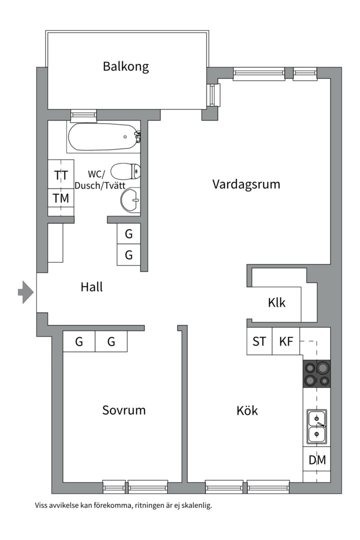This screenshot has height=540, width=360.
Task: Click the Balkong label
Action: (x=126, y=66)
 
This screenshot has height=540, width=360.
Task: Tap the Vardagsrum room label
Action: (x=246, y=184)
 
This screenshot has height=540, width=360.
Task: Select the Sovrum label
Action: (x=124, y=410)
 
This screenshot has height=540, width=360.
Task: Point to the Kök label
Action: (x=247, y=411)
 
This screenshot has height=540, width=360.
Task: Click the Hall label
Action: (x=91, y=287)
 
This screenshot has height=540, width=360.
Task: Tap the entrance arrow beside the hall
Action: (x=25, y=292)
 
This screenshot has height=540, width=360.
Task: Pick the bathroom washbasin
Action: (x=131, y=200)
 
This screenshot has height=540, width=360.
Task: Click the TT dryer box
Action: (x=61, y=175)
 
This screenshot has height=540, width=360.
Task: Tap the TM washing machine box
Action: (x=61, y=198)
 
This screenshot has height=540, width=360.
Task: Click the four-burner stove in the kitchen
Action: (x=316, y=374)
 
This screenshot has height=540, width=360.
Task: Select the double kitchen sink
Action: (x=316, y=426)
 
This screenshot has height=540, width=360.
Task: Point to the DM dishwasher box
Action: (x=316, y=460)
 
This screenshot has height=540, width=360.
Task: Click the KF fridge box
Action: (x=286, y=342)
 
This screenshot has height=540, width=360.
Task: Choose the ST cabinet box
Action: (x=259, y=342)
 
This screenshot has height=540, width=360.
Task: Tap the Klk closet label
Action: (x=276, y=302)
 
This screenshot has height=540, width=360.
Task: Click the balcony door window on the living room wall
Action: (x=214, y=94)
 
